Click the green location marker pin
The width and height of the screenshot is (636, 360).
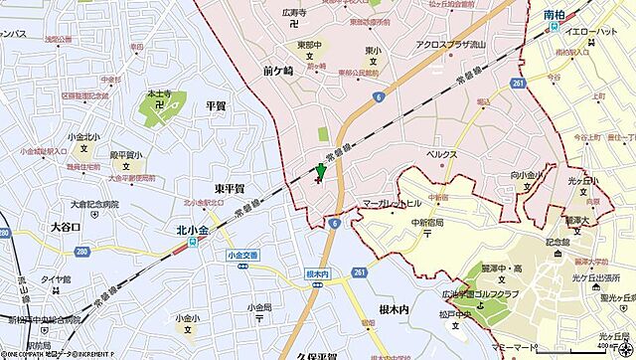point(319,173)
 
